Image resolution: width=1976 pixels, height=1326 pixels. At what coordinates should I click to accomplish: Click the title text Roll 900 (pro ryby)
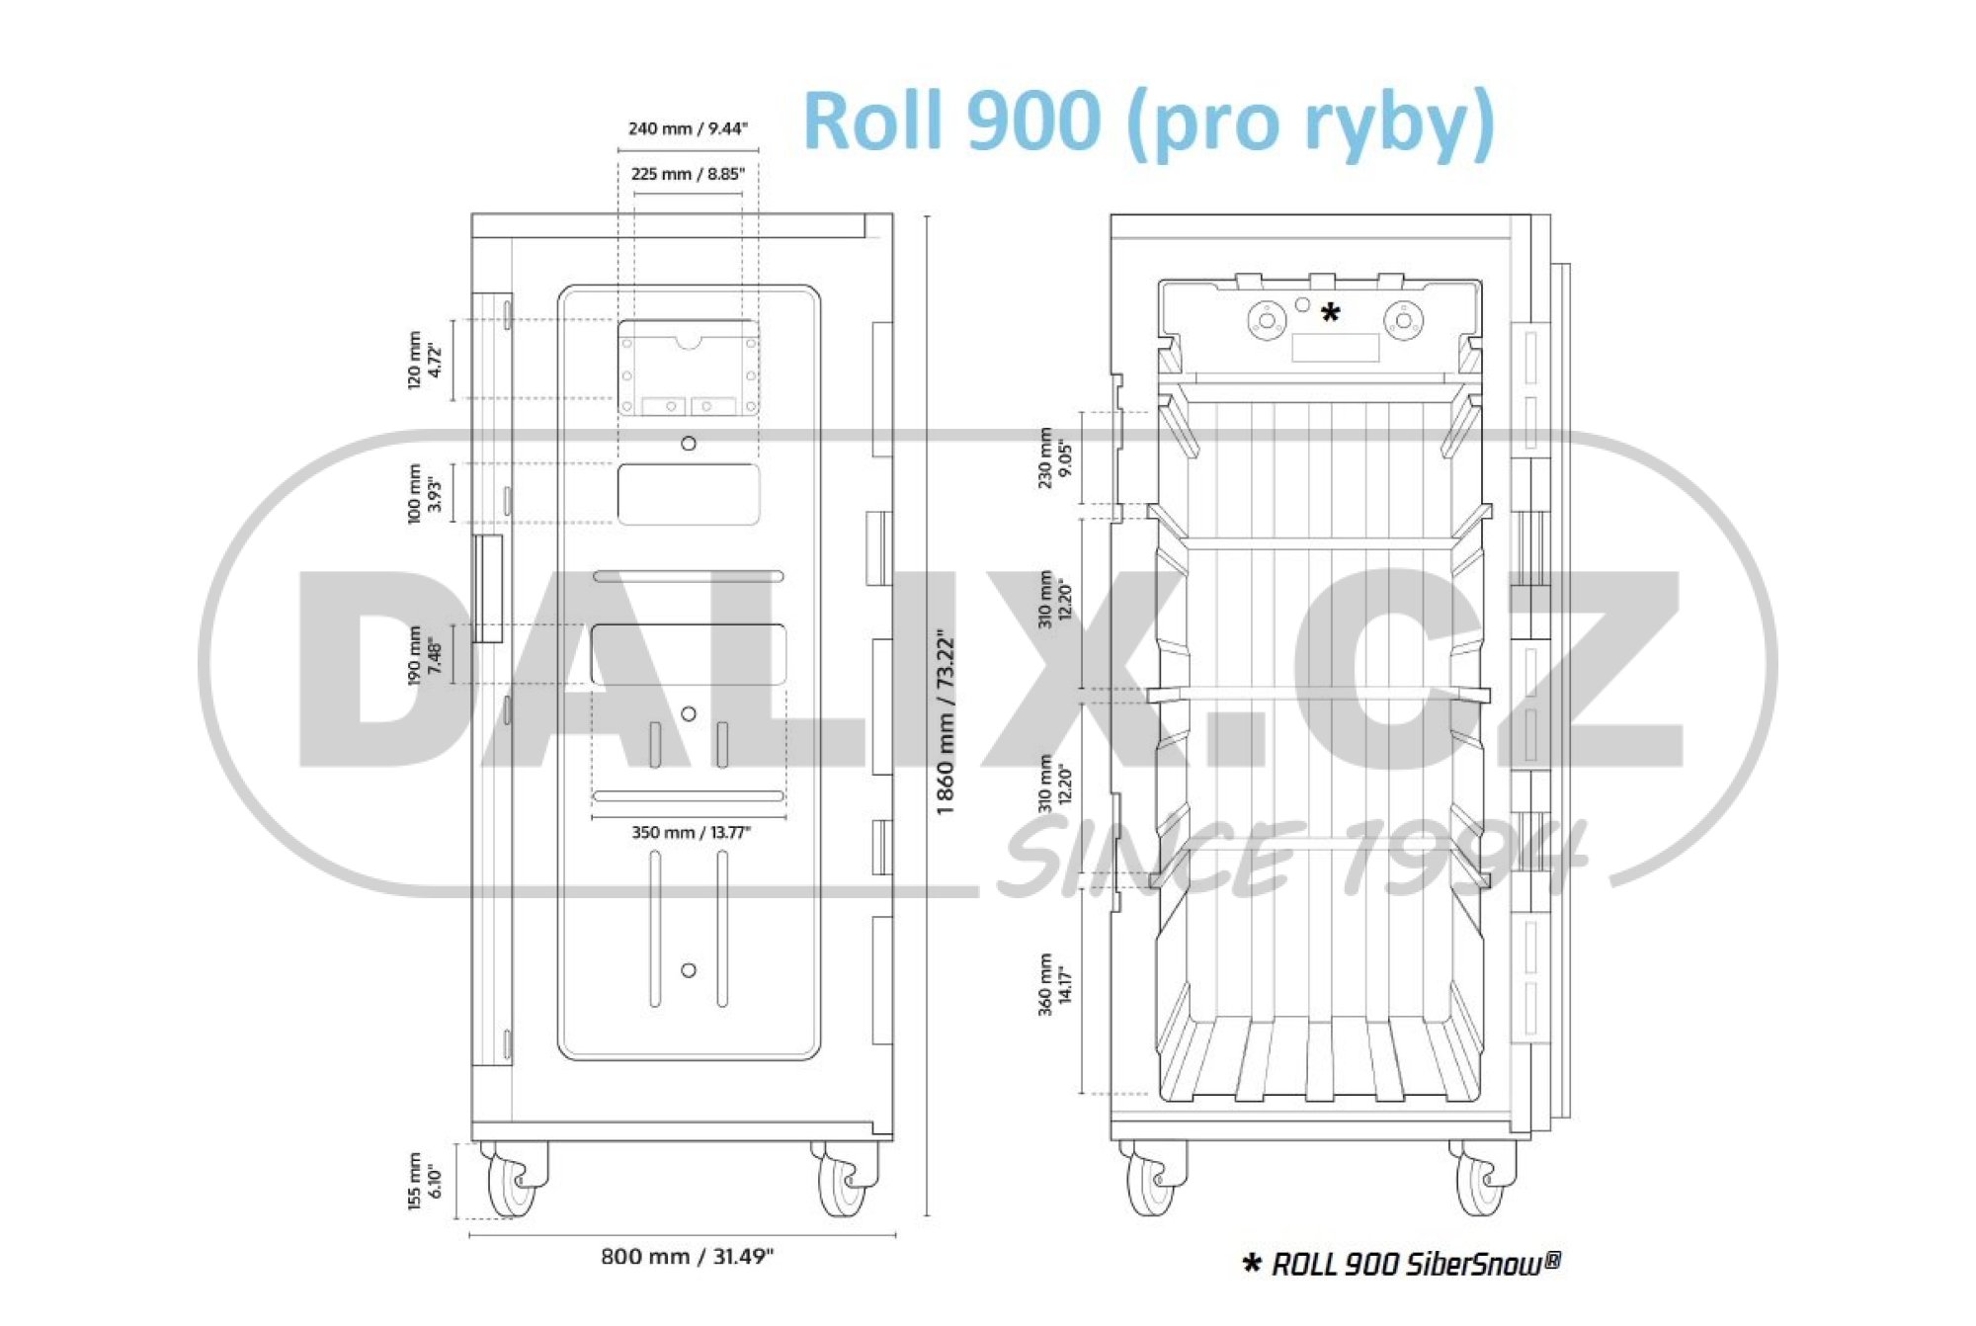point(1149,122)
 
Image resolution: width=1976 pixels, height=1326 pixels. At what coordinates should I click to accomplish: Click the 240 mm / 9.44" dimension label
point(688,128)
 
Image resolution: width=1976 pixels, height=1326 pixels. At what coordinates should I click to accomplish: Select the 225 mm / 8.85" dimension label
point(688,174)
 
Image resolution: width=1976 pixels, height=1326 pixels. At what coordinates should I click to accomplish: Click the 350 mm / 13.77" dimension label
point(691,832)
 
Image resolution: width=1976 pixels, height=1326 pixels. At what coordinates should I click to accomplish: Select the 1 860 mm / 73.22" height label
point(946,721)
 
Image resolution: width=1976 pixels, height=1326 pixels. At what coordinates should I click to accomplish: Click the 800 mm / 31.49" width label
point(687,1256)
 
